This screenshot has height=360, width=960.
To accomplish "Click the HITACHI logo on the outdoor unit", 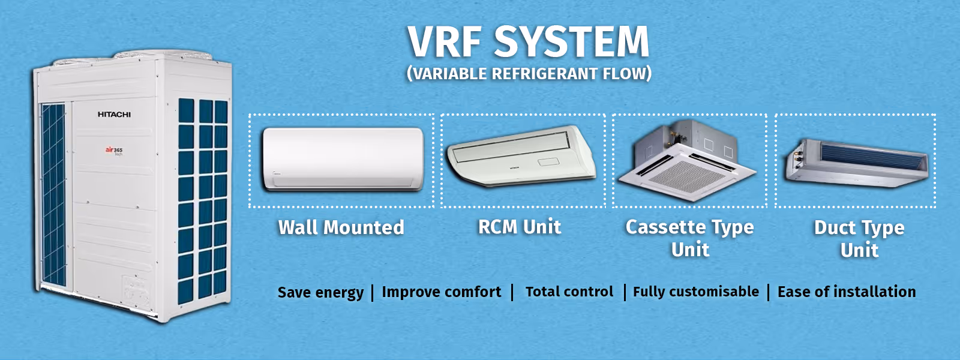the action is point(115,115).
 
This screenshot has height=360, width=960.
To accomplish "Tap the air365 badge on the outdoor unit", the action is point(115,151).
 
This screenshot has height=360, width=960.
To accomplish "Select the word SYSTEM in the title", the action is point(572,41).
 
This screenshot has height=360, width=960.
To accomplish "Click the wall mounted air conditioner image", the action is point(343,159).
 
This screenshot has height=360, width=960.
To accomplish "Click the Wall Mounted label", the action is point(341,227).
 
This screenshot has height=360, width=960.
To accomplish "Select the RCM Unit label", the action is point(520,227).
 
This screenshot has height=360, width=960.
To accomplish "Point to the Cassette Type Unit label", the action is point(689,238).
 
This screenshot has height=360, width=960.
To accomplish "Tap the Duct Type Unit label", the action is point(859,239).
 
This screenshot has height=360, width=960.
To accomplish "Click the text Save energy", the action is point(320,292).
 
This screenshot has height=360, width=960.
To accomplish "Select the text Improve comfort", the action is point(442,292).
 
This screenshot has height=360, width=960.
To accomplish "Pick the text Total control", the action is point(569,292).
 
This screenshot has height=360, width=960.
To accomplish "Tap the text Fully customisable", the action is point(696,292).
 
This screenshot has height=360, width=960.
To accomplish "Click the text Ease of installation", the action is point(847,292).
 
